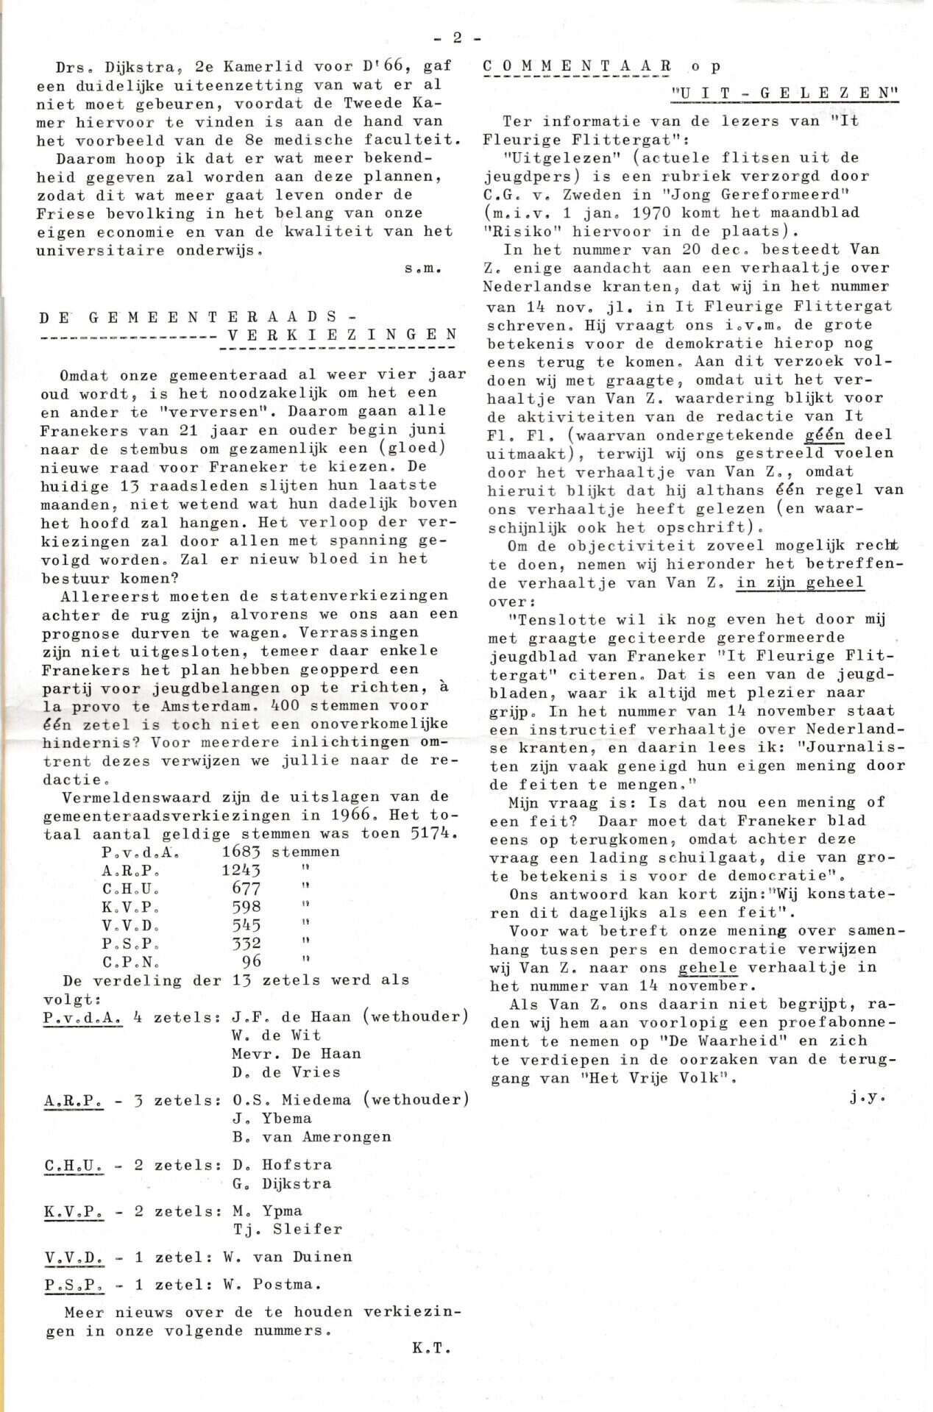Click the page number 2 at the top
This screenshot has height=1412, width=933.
pyautogui.click(x=457, y=38)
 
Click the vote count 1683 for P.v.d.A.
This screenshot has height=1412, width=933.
pyautogui.click(x=241, y=852)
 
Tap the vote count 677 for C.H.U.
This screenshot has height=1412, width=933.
pyautogui.click(x=246, y=889)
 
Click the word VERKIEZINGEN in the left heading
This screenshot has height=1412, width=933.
pyautogui.click(x=342, y=335)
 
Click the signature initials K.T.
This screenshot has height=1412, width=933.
pyautogui.click(x=431, y=1349)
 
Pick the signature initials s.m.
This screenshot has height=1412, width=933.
pyautogui.click(x=422, y=269)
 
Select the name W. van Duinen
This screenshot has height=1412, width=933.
pyautogui.click(x=287, y=1257)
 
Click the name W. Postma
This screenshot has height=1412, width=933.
pyautogui.click(x=272, y=1285)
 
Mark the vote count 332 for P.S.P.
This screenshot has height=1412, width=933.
pyautogui.click(x=246, y=944)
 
